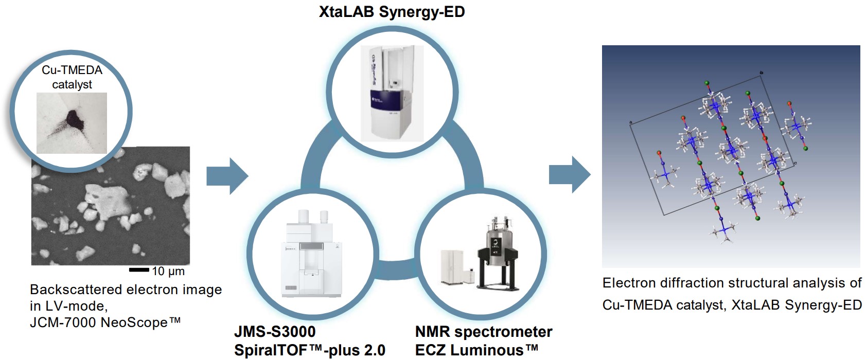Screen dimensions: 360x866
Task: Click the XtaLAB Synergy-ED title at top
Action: (x=392, y=11)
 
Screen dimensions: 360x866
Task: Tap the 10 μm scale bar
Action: (x=138, y=269)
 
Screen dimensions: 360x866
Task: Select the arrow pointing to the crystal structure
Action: (x=569, y=175)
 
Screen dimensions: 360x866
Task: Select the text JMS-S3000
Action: (x=275, y=332)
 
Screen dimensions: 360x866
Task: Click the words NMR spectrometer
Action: (x=483, y=332)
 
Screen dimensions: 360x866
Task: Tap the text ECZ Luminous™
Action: (x=476, y=350)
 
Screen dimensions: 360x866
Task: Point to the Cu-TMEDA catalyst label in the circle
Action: (x=72, y=77)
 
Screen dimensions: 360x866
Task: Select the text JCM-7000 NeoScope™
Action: (x=105, y=322)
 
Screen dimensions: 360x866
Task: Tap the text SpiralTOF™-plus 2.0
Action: (x=309, y=350)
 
